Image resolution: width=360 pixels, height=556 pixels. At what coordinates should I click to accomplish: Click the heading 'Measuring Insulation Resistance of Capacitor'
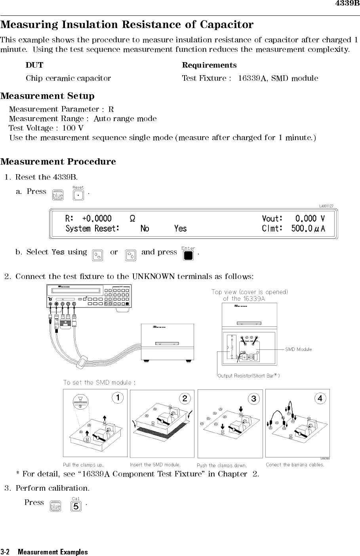tap(127, 25)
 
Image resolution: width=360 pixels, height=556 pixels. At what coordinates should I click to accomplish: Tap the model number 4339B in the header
tap(347, 4)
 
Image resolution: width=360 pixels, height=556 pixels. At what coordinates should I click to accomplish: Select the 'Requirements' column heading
tap(209, 65)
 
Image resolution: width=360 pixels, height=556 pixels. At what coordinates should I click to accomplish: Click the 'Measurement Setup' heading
tap(48, 96)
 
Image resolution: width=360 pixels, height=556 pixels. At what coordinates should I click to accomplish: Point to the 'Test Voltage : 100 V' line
tap(46, 128)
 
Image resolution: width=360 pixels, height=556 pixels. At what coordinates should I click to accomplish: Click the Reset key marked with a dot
tap(79, 195)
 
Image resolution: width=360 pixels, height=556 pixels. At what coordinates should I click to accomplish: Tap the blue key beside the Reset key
tap(58, 195)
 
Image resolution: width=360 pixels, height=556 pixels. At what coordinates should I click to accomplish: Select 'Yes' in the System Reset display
tap(180, 229)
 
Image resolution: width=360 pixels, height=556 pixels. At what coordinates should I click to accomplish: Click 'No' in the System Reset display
tap(145, 229)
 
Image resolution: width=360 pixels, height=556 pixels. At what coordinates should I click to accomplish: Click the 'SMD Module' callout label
tap(299, 349)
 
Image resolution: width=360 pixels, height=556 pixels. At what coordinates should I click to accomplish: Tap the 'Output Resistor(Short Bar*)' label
tap(249, 376)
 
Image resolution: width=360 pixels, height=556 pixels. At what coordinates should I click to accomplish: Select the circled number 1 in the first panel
tap(117, 397)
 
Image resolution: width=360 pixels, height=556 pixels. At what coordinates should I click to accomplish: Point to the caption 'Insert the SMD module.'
tap(155, 465)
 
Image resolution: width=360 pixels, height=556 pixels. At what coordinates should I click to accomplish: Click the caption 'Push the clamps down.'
tap(222, 465)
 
